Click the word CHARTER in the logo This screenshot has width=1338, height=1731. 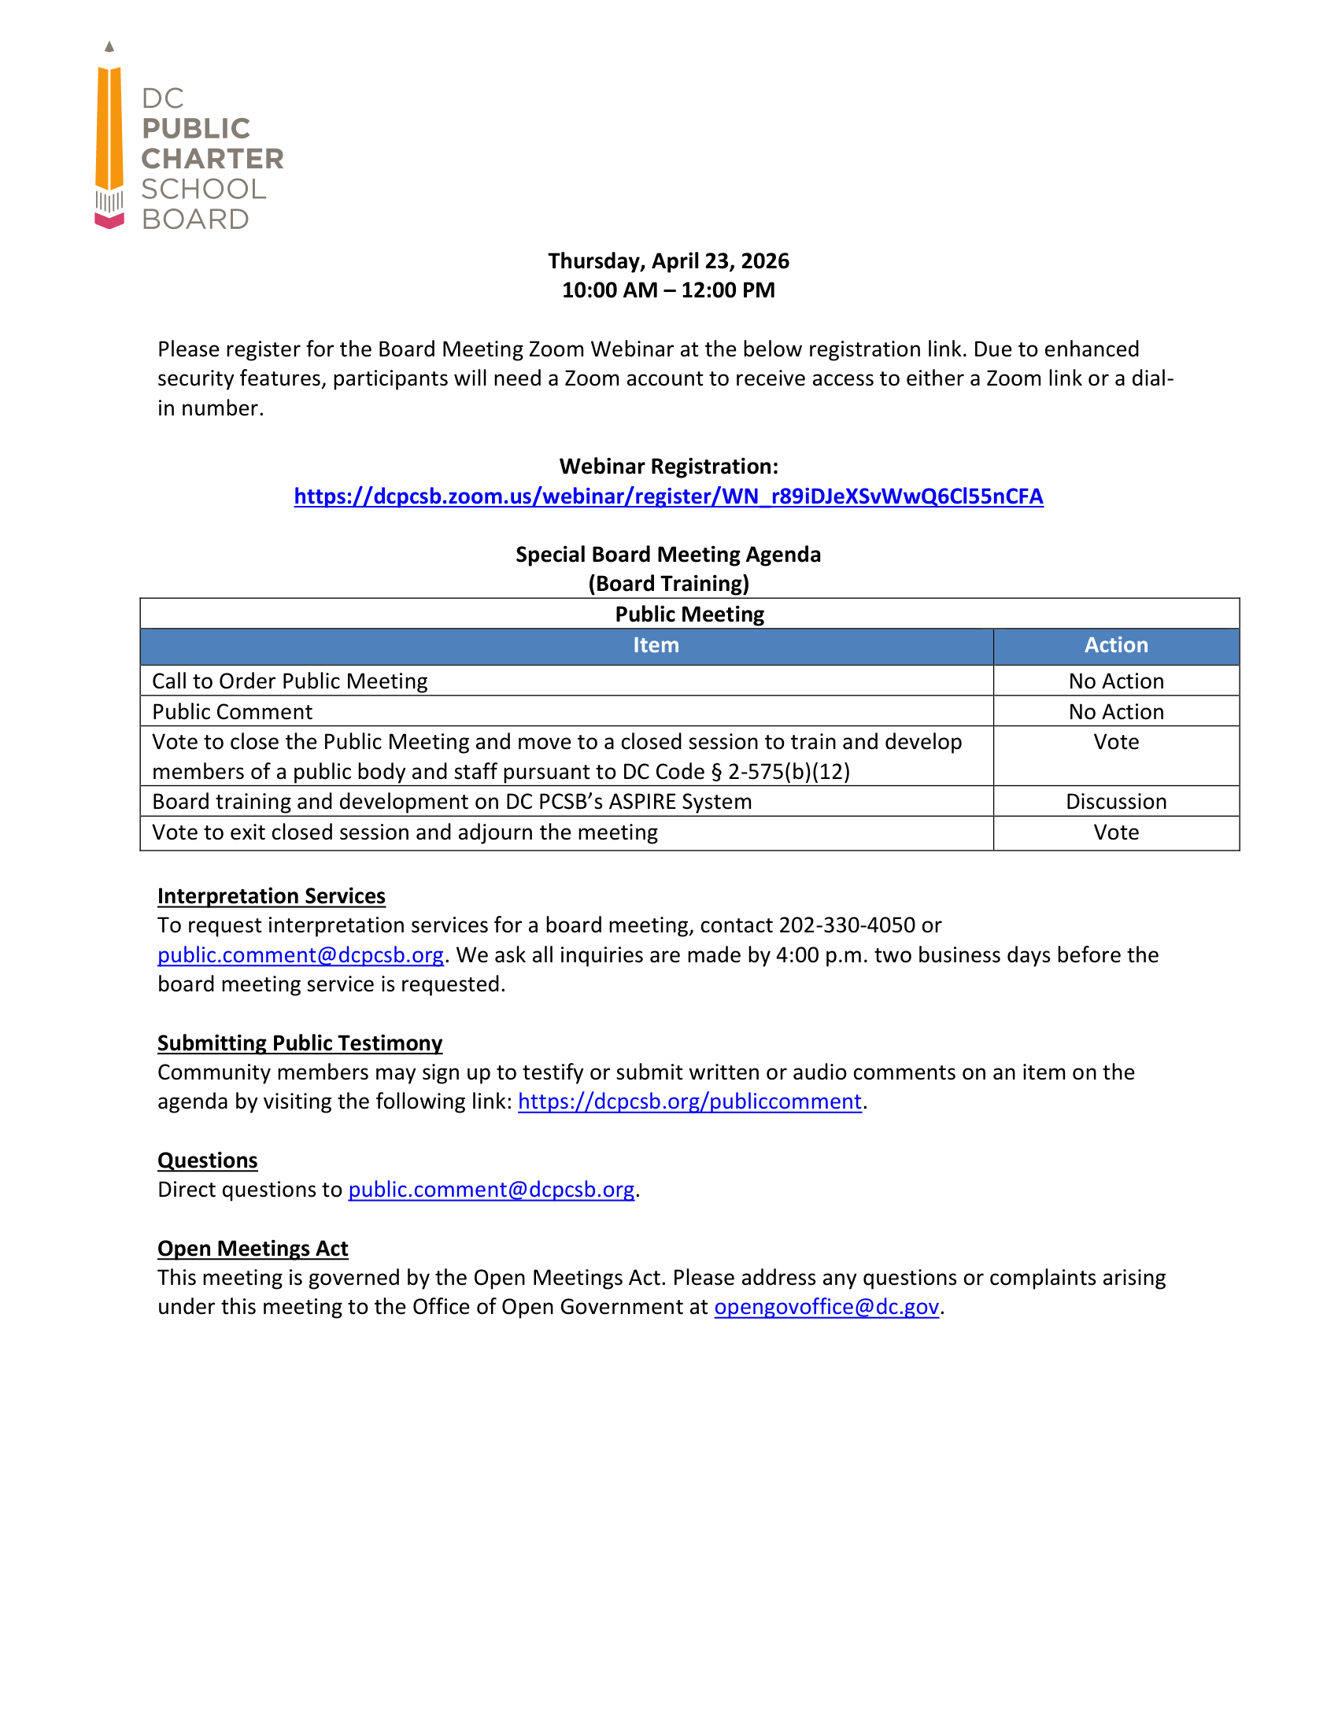pyautogui.click(x=212, y=158)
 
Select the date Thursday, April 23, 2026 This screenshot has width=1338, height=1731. pyautogui.click(x=668, y=260)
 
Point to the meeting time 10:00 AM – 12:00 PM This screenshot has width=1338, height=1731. pyautogui.click(x=668, y=290)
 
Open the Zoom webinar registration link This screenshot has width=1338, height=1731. pyautogui.click(x=668, y=496)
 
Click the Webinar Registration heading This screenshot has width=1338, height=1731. pyautogui.click(x=668, y=466)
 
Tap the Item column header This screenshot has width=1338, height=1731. pyautogui.click(x=656, y=645)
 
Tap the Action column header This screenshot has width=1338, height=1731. pyautogui.click(x=1115, y=645)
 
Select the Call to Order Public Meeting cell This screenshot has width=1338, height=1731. pyautogui.click(x=290, y=681)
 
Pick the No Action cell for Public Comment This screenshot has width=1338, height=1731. pyautogui.click(x=1115, y=712)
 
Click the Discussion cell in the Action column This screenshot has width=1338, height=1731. pyautogui.click(x=1115, y=801)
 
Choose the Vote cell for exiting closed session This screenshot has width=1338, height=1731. pyautogui.click(x=1115, y=832)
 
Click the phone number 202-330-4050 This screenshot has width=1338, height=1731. pyautogui.click(x=847, y=925)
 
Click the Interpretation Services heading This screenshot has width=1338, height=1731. pyautogui.click(x=271, y=895)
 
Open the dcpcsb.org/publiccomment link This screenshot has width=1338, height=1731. pyautogui.click(x=689, y=1102)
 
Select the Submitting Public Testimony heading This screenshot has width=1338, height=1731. pyautogui.click(x=300, y=1043)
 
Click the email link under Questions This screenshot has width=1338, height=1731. pyautogui.click(x=490, y=1190)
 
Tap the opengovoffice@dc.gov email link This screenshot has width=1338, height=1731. pyautogui.click(x=826, y=1307)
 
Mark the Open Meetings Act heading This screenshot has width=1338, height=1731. pyautogui.click(x=252, y=1249)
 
